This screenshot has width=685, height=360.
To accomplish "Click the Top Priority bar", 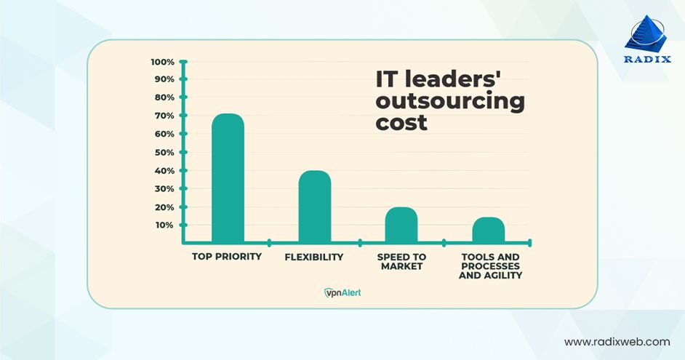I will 228,178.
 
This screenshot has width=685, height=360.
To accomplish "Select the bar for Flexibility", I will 314,207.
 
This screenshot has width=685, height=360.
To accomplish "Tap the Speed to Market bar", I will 401,225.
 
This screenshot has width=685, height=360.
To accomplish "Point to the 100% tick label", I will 162,62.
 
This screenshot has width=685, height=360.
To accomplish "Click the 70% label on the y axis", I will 164,116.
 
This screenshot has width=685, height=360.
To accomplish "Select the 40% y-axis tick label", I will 164,171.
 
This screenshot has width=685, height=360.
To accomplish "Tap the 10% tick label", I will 164,225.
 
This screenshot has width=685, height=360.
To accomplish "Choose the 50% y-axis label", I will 164,153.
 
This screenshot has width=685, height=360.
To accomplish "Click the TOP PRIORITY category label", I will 227,257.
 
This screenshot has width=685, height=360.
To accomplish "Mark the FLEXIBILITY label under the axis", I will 314,257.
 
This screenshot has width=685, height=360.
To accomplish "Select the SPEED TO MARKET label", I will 401,262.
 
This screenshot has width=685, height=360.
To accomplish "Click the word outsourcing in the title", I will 449,101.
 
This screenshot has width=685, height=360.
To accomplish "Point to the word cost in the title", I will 401,124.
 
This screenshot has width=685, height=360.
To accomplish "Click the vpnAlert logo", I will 342,292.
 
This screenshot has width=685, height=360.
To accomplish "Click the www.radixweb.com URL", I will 617,341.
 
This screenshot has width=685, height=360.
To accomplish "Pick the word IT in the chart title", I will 386,79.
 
